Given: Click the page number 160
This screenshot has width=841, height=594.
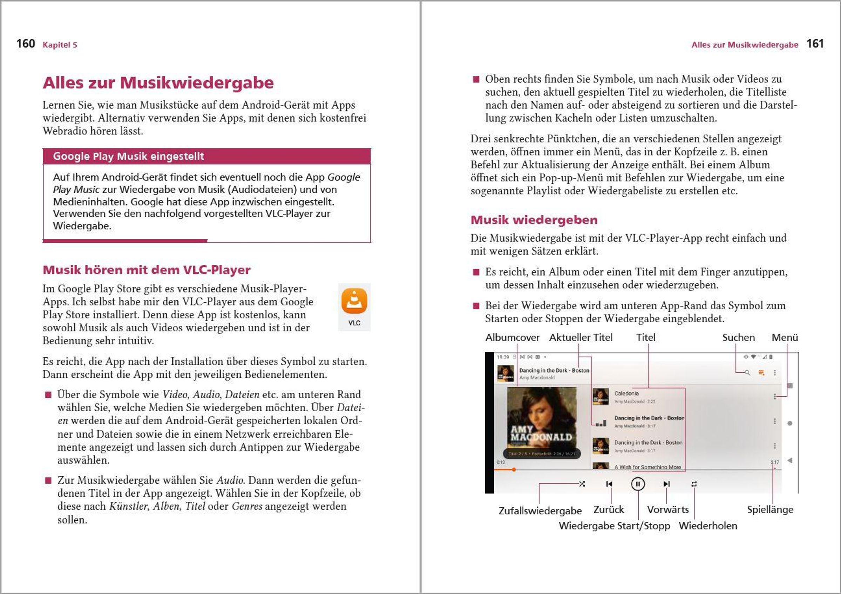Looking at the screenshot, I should [26, 43].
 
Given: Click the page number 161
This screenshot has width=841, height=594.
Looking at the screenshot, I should [815, 43].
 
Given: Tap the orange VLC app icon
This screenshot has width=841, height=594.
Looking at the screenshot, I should [354, 301].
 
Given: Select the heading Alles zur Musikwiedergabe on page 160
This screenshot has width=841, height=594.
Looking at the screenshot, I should [158, 82].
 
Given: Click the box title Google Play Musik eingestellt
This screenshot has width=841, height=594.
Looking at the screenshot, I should [128, 156].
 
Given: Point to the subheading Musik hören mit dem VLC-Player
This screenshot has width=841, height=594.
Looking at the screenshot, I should [147, 270].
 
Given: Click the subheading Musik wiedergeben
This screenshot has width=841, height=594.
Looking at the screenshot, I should [534, 220].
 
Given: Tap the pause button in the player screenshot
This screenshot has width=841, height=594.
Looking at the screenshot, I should [638, 484].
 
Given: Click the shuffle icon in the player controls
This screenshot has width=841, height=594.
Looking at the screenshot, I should [582, 484].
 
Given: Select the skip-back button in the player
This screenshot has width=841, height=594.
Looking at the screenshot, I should [609, 484].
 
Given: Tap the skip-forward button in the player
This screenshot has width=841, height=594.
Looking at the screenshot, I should [667, 484].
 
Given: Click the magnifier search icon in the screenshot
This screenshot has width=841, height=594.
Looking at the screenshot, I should [747, 373].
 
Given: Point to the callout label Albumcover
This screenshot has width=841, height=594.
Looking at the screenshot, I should [512, 337].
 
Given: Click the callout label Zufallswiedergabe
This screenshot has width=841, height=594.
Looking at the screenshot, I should [540, 511].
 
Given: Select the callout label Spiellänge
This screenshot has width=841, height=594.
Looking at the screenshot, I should [770, 509].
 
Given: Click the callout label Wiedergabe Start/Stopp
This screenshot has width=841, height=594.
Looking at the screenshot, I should [614, 526].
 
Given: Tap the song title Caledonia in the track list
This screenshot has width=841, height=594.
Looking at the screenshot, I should [626, 393].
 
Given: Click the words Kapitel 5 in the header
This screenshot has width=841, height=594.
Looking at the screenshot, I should [60, 45].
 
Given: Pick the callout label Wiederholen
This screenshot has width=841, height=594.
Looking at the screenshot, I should [708, 526].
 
